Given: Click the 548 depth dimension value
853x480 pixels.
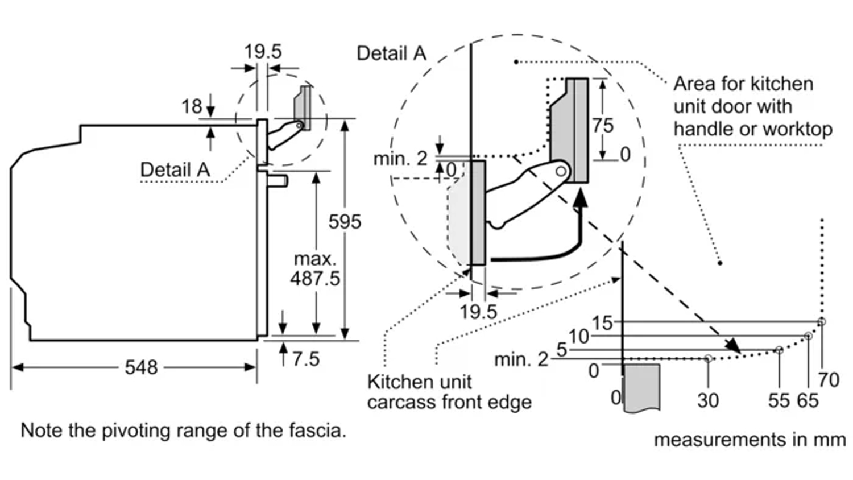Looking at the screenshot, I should [141, 367].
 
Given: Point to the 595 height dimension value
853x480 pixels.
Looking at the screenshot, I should [345, 221].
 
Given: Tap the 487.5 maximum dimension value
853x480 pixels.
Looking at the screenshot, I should [315, 279].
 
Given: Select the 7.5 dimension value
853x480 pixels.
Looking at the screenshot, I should [306, 359].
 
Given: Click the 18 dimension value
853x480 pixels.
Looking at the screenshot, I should [192, 106].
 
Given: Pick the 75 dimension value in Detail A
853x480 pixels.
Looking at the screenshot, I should [603, 125].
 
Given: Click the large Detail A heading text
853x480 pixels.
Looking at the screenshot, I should [391, 53].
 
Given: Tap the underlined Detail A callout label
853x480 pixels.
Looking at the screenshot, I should [175, 169].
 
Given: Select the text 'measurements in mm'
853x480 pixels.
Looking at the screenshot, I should [750, 440].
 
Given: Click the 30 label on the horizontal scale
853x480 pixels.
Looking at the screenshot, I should [708, 400].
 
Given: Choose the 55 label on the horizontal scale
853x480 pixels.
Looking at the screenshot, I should [779, 400].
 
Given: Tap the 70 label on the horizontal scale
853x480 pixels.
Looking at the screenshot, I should [829, 379].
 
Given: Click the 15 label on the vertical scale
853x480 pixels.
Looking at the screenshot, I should [602, 323].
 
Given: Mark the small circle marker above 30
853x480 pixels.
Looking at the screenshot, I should [708, 358].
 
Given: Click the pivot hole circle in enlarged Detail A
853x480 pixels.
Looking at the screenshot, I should [561, 171].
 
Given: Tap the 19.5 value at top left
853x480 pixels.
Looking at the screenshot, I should [263, 52].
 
